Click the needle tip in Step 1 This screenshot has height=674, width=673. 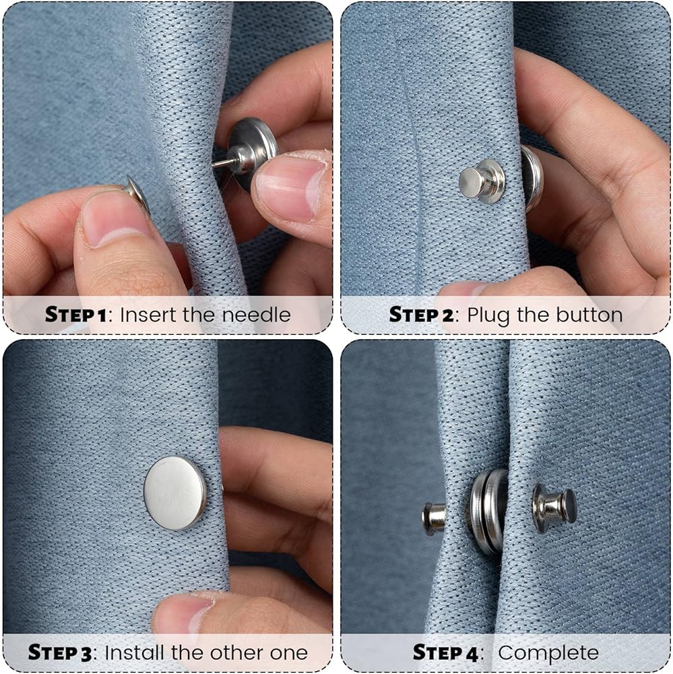(213, 164)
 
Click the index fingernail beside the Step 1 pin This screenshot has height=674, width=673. (290, 186)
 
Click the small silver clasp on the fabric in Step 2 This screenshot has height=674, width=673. (482, 181)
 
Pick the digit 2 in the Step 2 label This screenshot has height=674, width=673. (447, 315)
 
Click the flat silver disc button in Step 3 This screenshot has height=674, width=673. (175, 493)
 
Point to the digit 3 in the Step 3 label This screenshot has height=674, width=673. (86, 653)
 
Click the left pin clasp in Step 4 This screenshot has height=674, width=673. (435, 519)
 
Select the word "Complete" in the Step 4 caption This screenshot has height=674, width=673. (548, 653)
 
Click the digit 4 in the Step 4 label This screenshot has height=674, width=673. (472, 653)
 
